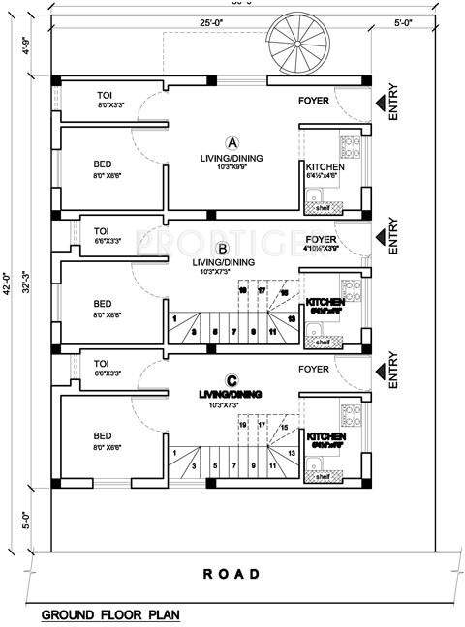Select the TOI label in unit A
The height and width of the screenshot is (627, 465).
click(x=104, y=95)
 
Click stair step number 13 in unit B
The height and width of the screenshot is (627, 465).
click(x=291, y=318)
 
